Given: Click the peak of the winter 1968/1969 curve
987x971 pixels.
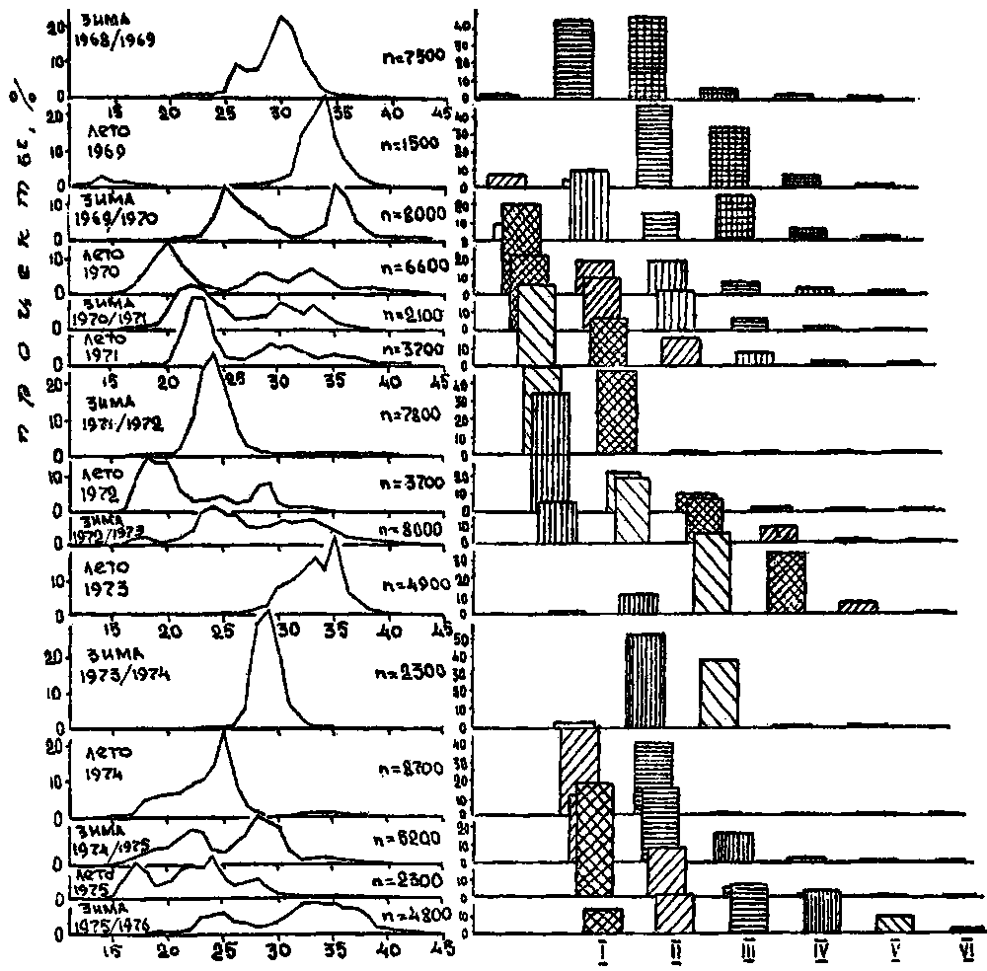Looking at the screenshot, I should (x=282, y=17).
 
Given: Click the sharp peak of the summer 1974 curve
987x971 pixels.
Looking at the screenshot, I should (x=224, y=731).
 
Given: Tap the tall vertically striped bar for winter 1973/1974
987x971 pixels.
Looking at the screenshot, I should (x=645, y=680).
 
